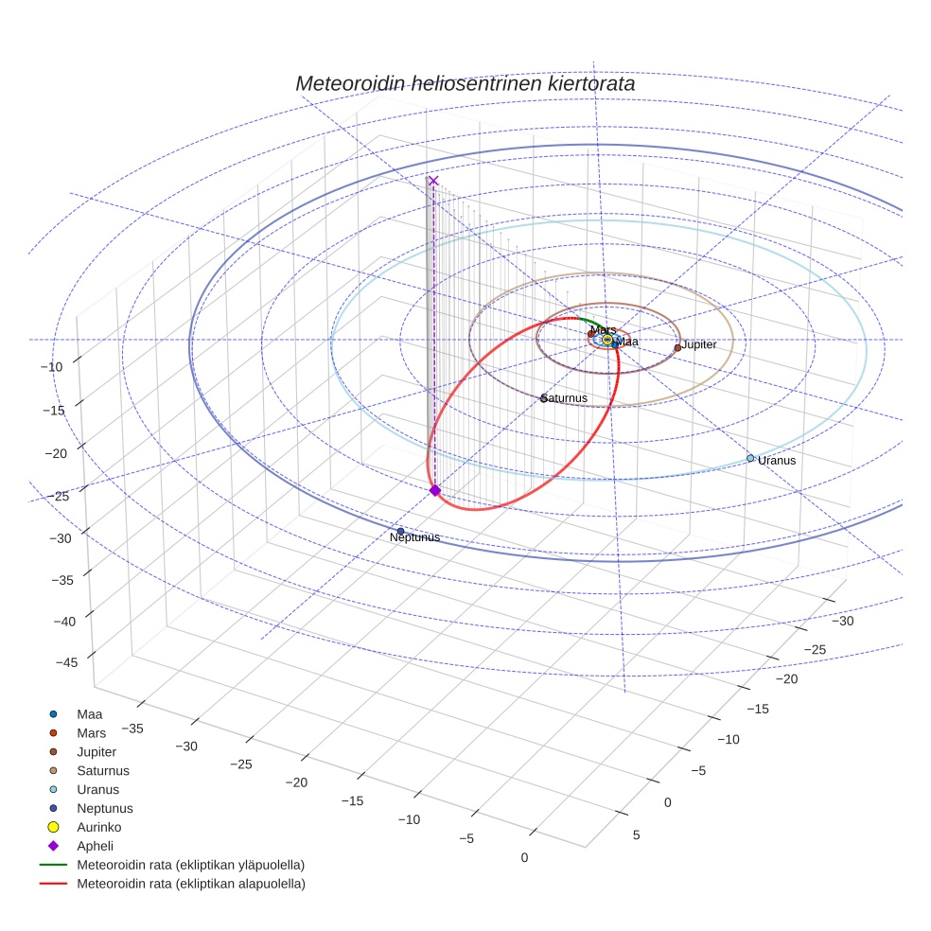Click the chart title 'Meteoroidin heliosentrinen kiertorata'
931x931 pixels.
click(465, 83)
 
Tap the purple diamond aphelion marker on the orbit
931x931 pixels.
click(435, 490)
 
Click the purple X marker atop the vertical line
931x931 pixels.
click(433, 181)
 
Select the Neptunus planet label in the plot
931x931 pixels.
click(414, 537)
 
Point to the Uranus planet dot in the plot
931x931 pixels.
click(750, 458)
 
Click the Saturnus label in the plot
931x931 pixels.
click(565, 398)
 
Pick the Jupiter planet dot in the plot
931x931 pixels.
click(677, 347)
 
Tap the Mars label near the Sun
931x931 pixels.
click(603, 329)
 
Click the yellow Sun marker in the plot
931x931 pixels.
click(607, 340)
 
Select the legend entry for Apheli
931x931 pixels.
click(95, 846)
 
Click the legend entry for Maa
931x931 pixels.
click(89, 714)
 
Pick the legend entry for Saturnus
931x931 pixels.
click(103, 770)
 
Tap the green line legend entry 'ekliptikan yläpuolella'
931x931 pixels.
click(190, 865)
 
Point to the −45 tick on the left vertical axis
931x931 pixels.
click(66, 662)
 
